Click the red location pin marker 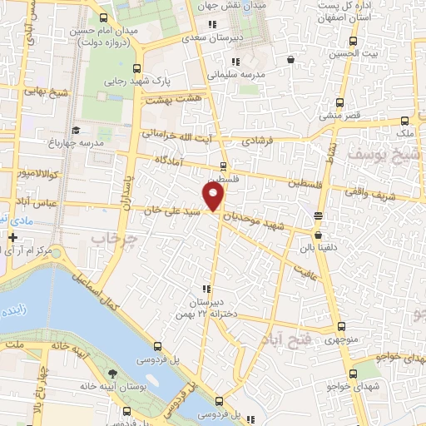(x=214, y=197)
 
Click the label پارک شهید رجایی (x=138, y=83)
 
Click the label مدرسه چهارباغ (x=98, y=142)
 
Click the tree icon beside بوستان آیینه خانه (x=113, y=372)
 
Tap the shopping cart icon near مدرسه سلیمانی (x=290, y=59)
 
